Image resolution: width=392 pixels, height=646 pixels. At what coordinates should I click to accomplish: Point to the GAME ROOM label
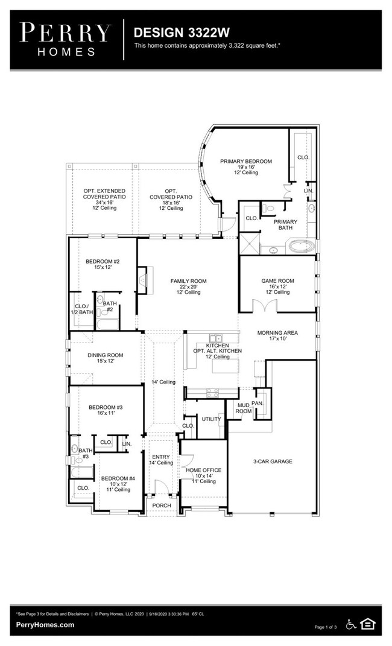[277, 281]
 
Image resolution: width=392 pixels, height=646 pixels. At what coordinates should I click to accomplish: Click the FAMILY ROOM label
[188, 281]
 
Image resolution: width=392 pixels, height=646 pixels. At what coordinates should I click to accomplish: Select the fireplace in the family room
[142, 279]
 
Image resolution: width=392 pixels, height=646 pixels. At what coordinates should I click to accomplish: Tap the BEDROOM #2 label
[103, 261]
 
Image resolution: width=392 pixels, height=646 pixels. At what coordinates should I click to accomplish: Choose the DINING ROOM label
[105, 355]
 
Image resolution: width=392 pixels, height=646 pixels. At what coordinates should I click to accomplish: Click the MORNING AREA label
[277, 333]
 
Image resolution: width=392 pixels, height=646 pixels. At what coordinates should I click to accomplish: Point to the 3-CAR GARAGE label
[272, 461]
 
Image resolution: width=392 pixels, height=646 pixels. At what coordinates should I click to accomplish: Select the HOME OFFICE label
[203, 470]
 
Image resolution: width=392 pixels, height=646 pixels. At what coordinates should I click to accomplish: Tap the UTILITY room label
[211, 419]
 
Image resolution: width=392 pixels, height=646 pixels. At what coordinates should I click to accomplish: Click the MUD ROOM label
[243, 408]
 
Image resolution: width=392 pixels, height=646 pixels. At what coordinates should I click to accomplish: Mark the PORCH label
[162, 505]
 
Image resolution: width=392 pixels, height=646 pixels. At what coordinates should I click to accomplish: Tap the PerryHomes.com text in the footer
[45, 625]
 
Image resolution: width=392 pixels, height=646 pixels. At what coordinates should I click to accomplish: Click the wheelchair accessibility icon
[351, 624]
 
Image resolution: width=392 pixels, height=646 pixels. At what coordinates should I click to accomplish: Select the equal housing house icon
[368, 624]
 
